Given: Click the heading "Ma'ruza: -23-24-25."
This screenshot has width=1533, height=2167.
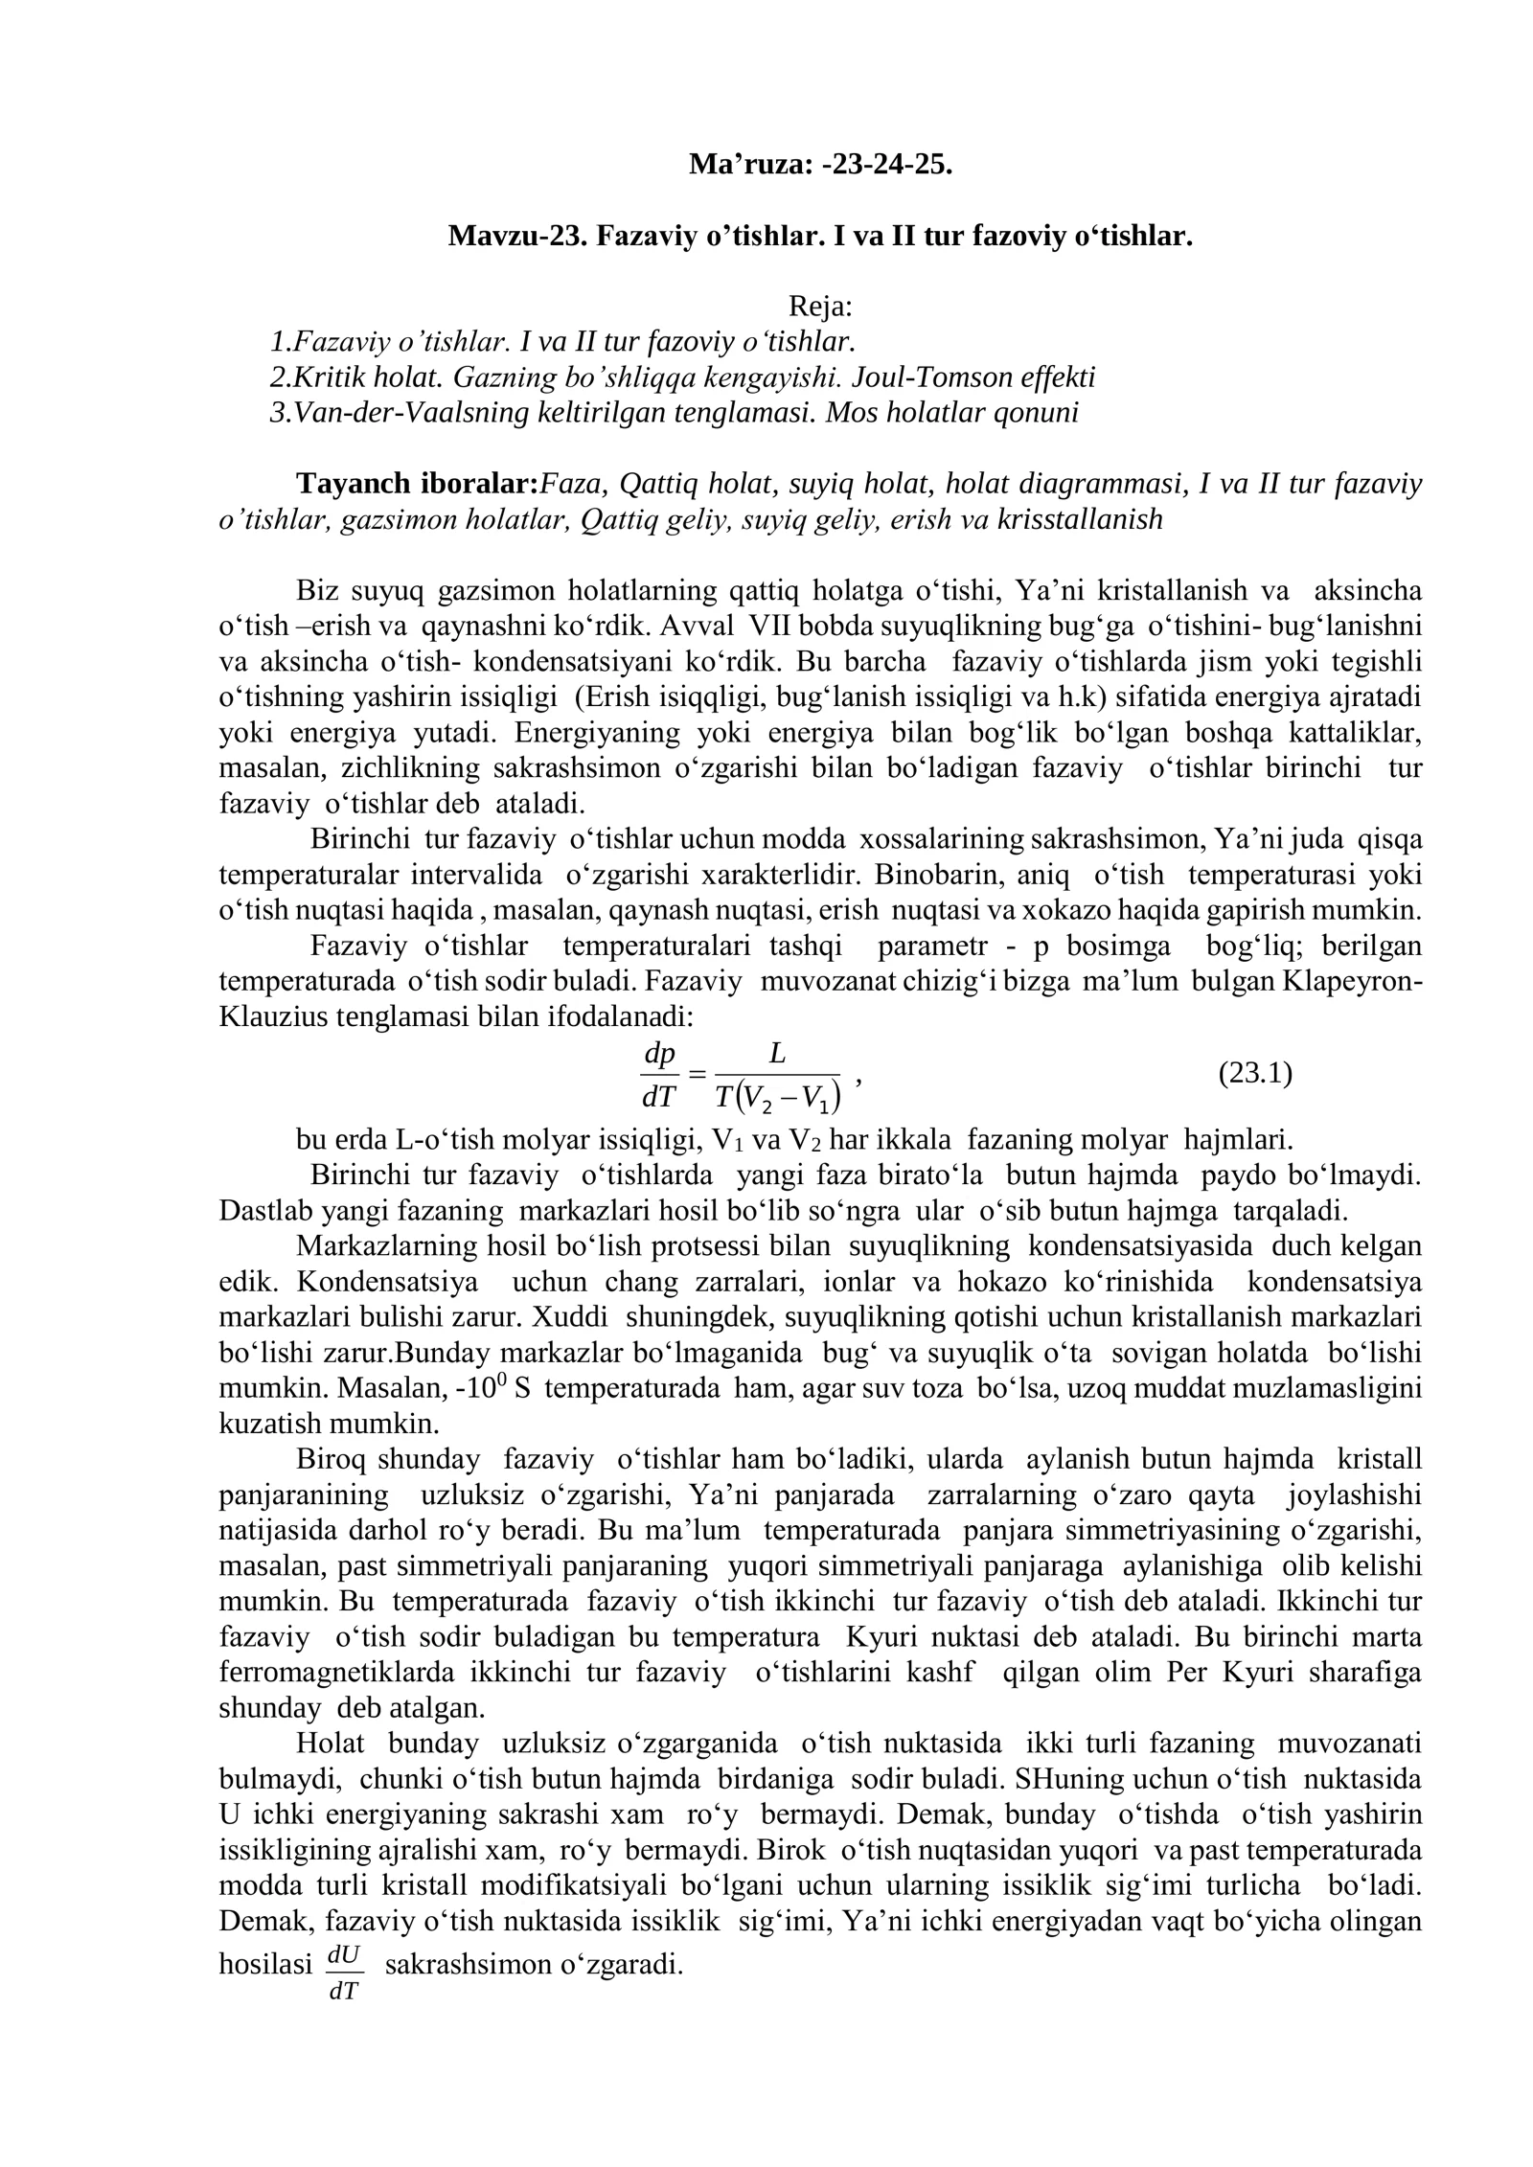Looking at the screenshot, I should (820, 165).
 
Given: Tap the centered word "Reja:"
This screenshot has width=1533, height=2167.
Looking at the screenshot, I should (820, 307).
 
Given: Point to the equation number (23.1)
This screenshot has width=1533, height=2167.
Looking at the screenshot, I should (1255, 1073).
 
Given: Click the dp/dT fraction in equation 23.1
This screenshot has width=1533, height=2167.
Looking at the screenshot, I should (659, 1075).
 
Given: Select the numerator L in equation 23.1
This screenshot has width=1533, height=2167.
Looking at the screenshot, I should (777, 1054).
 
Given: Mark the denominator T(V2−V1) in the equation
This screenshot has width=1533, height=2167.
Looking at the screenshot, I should (777, 1097).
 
